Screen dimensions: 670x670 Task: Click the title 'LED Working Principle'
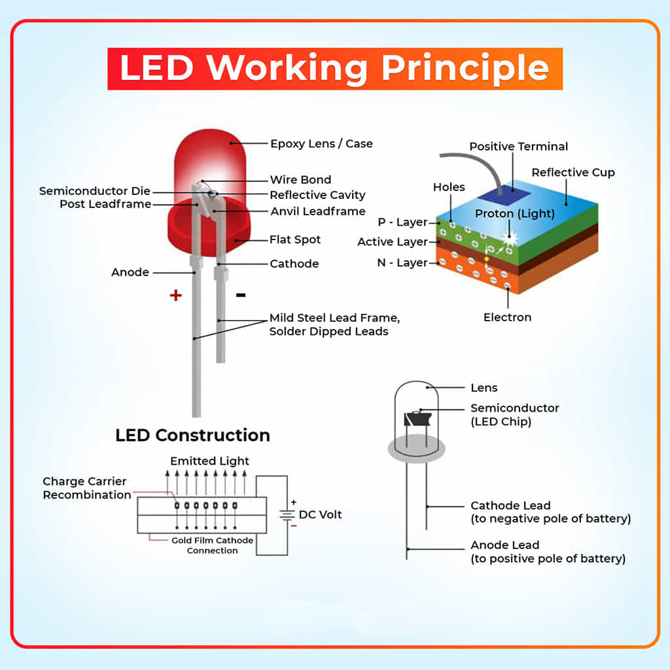coord(334,68)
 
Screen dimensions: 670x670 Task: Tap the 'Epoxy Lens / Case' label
coord(321,143)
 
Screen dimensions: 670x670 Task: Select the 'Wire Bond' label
coord(300,180)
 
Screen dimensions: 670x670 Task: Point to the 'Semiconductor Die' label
coord(94,191)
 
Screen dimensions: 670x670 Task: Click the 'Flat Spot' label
coord(295,239)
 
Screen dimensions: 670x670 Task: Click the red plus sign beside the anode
coord(175,295)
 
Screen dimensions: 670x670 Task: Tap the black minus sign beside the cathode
coord(241,295)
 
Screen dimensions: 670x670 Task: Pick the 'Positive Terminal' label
coord(518,147)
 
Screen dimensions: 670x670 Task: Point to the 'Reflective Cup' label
coord(573,173)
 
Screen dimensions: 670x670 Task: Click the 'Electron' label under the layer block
coord(507,317)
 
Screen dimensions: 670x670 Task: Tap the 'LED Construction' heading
coord(192,435)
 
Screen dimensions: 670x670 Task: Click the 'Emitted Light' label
coord(209,461)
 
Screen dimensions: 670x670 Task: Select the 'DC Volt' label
coord(320,514)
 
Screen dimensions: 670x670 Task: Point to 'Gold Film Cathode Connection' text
coord(212,545)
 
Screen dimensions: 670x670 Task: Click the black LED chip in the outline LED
coord(415,418)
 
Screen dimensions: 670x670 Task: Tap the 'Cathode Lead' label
coord(510,506)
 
